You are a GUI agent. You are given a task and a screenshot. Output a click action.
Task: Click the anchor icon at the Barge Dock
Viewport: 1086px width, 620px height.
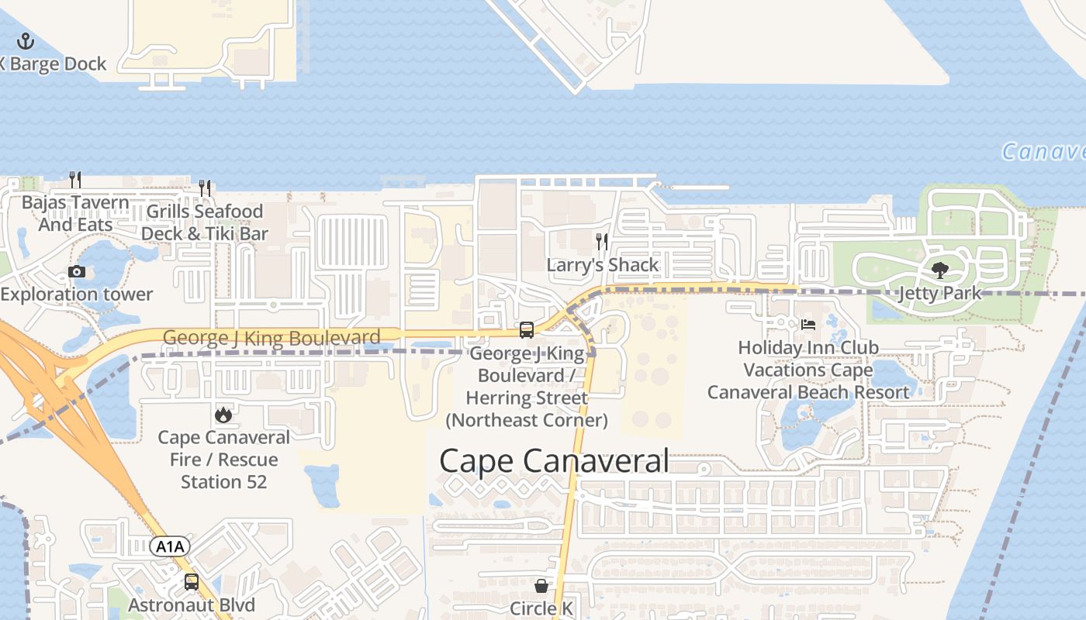coord(26,41)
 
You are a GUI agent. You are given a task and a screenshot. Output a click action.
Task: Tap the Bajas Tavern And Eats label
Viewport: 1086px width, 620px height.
coord(75,214)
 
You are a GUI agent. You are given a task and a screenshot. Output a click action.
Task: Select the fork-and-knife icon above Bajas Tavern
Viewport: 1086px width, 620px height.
coord(75,180)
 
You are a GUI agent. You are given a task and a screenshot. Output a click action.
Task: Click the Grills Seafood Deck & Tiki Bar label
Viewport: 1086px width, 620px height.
coord(205,222)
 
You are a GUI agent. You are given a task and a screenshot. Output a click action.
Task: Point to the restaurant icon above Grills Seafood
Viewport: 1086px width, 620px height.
coord(205,188)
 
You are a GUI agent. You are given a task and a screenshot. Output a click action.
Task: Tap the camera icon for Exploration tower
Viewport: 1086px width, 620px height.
coord(77,271)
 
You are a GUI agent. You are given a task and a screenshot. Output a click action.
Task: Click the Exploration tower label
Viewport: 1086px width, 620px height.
coord(77,294)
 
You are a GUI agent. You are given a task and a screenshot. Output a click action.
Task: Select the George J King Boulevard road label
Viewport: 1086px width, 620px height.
coord(271,338)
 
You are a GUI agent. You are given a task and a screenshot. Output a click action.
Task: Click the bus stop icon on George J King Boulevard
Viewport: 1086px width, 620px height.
coord(527,330)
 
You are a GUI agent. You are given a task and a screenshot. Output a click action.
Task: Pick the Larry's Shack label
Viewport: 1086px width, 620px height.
coord(603,265)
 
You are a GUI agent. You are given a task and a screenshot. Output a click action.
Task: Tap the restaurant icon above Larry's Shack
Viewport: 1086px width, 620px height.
coord(602,242)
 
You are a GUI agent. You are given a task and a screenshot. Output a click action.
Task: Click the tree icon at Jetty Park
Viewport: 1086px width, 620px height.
coord(940,270)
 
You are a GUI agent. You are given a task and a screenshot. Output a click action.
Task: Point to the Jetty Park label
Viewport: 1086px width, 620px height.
coord(940,294)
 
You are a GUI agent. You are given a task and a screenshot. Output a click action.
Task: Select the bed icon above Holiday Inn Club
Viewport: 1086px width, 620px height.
coord(808,325)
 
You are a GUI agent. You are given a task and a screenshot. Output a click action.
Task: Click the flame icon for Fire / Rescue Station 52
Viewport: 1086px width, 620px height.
coord(223,415)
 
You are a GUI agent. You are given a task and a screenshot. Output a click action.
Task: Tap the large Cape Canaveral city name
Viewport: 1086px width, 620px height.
coord(554,461)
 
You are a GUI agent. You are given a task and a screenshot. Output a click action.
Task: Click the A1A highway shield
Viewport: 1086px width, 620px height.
coord(170,547)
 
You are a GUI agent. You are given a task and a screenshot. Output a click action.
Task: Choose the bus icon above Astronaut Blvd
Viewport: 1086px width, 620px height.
coord(192,582)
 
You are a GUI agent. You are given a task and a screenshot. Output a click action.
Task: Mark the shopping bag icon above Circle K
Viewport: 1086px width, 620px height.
coord(541,585)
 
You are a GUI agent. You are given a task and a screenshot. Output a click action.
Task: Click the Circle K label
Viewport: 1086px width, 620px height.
coord(541,608)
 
